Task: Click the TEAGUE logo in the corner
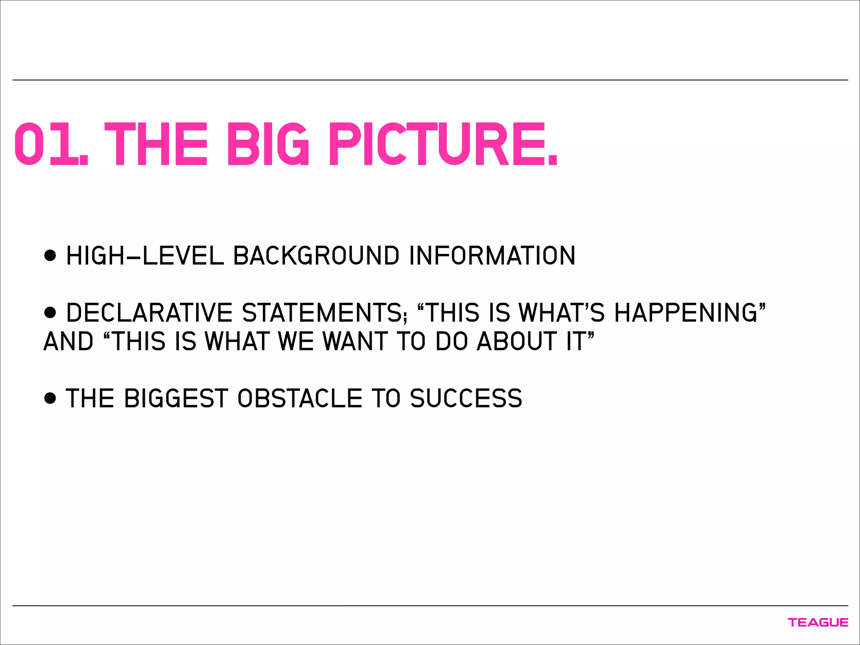click(818, 622)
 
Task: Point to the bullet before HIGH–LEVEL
click(50, 255)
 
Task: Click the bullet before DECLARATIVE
click(50, 312)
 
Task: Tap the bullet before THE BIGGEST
click(50, 398)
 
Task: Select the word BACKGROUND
click(316, 256)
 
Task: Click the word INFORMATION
click(492, 256)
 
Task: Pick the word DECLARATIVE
click(149, 313)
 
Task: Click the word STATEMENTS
click(323, 313)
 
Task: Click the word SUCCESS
click(466, 399)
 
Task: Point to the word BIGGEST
click(176, 399)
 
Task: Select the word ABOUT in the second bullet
click(517, 341)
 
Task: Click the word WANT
click(355, 341)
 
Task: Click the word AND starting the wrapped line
click(68, 341)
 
